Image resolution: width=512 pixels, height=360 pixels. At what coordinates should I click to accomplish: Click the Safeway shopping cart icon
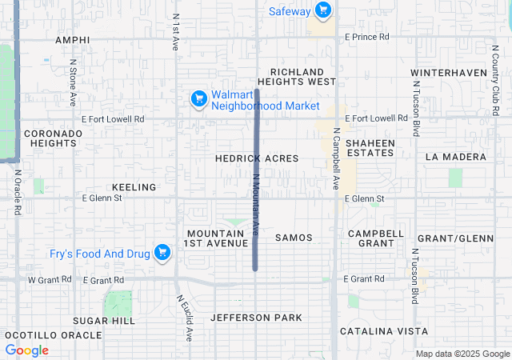pos(322,10)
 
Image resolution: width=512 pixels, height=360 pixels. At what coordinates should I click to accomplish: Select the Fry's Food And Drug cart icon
pos(162,253)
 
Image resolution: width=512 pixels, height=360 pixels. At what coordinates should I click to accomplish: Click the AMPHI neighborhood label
pos(73,39)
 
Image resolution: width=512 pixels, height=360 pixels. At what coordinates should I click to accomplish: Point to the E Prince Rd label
pos(366,37)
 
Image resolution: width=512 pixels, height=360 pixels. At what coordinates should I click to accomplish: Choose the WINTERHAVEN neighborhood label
pos(448,73)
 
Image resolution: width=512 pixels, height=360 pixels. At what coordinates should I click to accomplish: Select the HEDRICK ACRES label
pos(256,158)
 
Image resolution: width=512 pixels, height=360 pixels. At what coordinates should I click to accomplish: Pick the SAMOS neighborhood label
pos(293,238)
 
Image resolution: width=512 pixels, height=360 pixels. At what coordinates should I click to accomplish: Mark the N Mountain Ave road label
pos(257,206)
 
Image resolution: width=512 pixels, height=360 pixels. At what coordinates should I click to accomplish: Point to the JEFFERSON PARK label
pos(256,318)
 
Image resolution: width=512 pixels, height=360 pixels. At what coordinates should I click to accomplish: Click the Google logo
pos(26,350)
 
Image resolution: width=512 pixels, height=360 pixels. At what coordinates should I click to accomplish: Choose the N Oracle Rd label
pos(17,193)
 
